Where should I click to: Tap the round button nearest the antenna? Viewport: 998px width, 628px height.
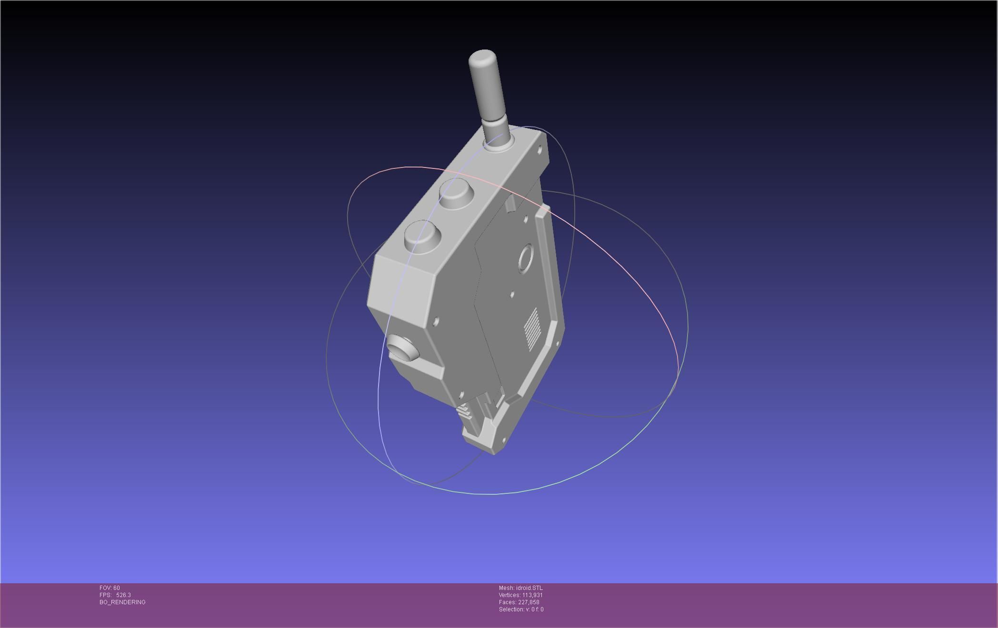(456, 194)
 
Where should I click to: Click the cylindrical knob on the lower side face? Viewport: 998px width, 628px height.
(402, 347)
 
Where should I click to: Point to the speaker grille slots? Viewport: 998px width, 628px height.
(532, 328)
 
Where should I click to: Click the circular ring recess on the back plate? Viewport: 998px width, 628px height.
(526, 259)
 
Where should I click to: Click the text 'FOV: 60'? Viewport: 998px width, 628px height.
(110, 588)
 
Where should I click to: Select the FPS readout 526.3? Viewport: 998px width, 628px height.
(123, 595)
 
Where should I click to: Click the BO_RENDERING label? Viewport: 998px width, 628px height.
(122, 602)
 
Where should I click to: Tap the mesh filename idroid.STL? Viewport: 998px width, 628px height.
(529, 588)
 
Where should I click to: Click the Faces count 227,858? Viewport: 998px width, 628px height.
(529, 602)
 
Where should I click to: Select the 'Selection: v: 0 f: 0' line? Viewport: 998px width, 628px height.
(521, 609)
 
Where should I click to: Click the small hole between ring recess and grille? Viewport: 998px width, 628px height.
(512, 294)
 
